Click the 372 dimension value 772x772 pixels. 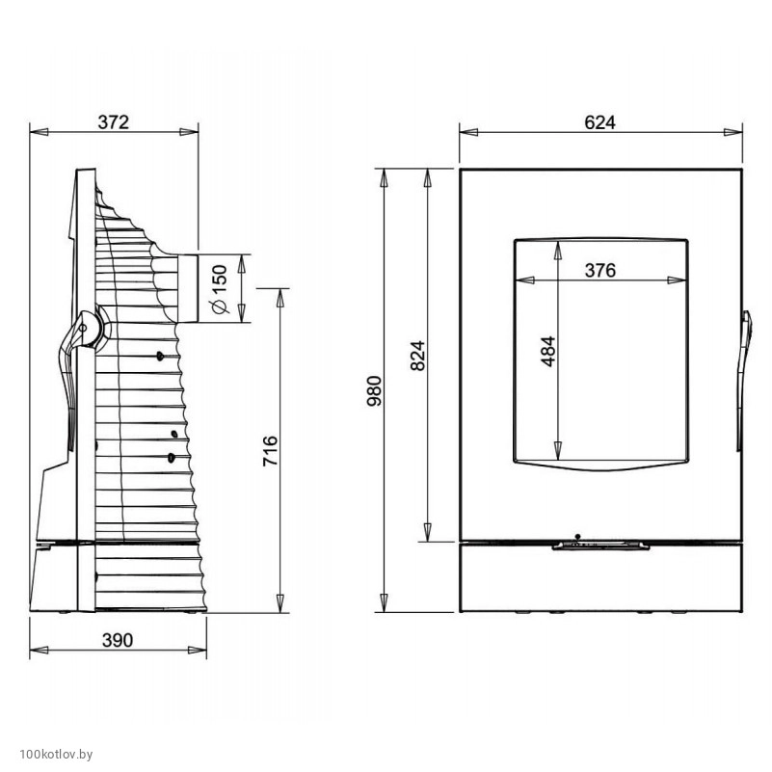click(x=113, y=122)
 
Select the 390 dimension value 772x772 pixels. click(x=118, y=640)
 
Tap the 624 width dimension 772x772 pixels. click(x=599, y=122)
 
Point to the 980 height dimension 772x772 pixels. click(x=375, y=391)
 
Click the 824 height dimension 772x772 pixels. click(x=417, y=356)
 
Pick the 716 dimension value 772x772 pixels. click(x=270, y=450)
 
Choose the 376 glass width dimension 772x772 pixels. click(x=600, y=270)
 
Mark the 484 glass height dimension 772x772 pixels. click(x=548, y=352)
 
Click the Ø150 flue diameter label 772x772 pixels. click(x=219, y=289)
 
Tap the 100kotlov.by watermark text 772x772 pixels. click(x=56, y=755)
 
